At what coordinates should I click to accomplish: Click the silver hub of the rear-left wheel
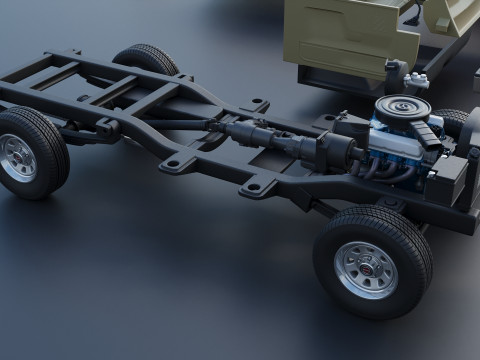[17, 157]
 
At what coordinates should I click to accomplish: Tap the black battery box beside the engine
[450, 178]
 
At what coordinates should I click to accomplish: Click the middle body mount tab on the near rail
[178, 162]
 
